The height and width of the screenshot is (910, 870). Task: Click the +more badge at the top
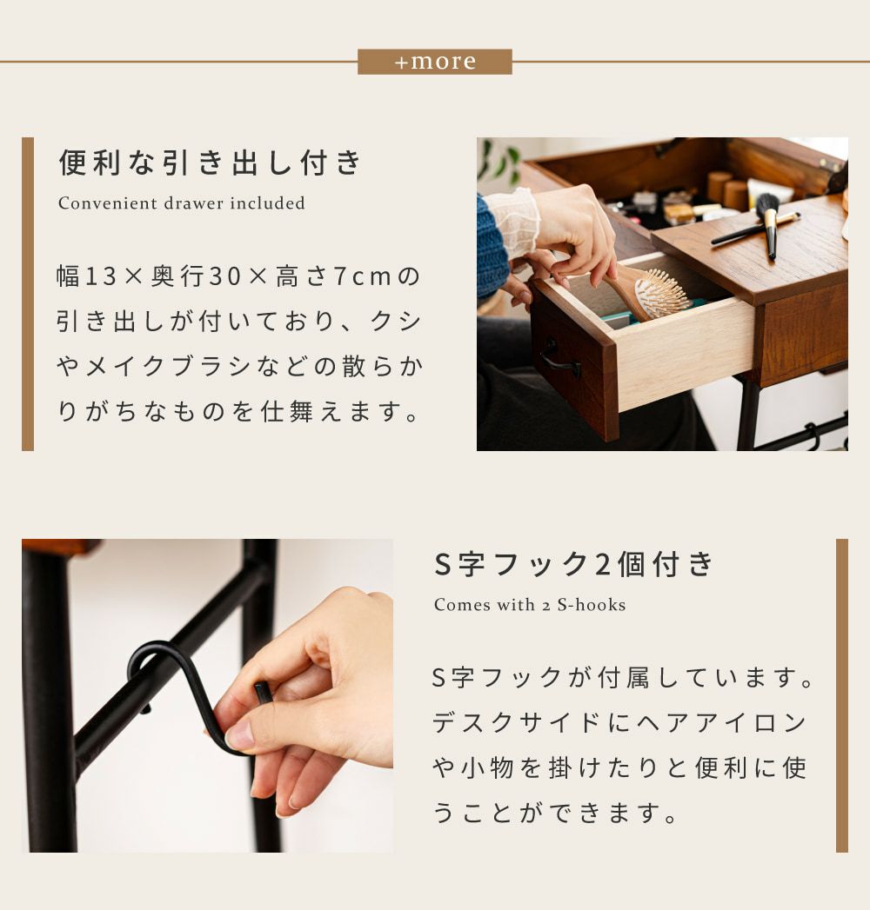pos(434,62)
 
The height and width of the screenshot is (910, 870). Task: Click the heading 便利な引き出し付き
pos(211,162)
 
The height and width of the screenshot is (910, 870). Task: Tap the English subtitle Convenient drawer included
pos(181,203)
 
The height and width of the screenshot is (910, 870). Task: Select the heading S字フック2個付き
pos(574,563)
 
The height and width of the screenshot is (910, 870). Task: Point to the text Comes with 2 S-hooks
pos(530,605)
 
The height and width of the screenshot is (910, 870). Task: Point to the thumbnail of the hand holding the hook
pos(207,695)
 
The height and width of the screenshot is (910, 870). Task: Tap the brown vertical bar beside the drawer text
pos(28,294)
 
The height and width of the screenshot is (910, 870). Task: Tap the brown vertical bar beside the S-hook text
pos(841,695)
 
